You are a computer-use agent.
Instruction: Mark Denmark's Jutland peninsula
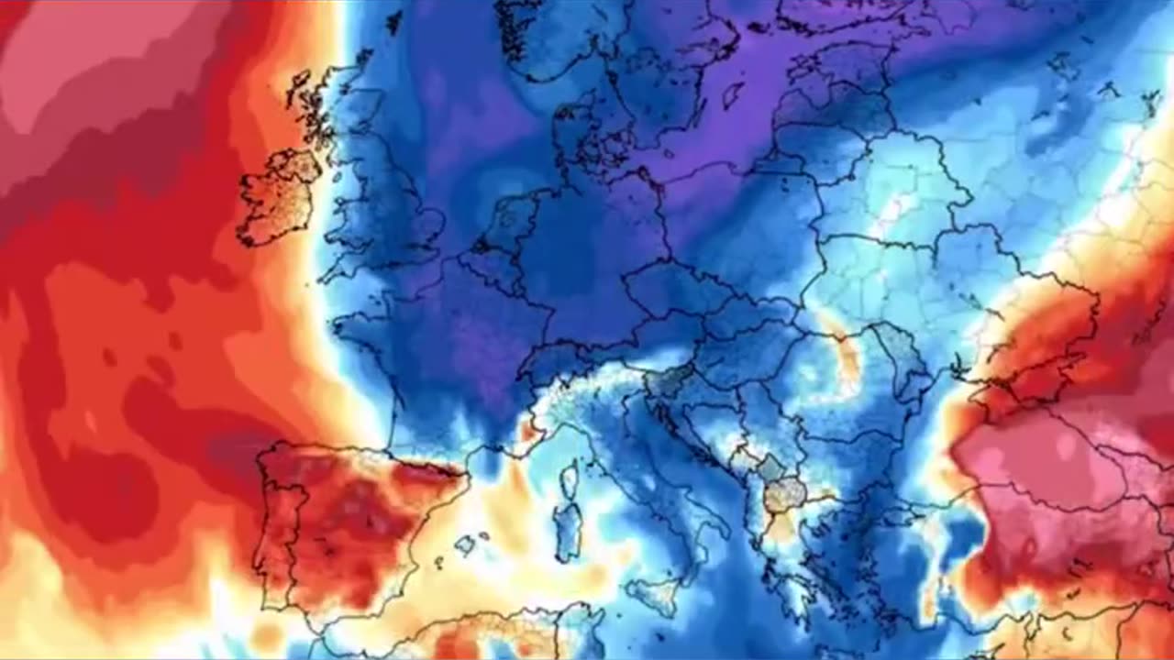click(x=569, y=137)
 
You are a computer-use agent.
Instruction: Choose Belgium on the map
click(x=491, y=261)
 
